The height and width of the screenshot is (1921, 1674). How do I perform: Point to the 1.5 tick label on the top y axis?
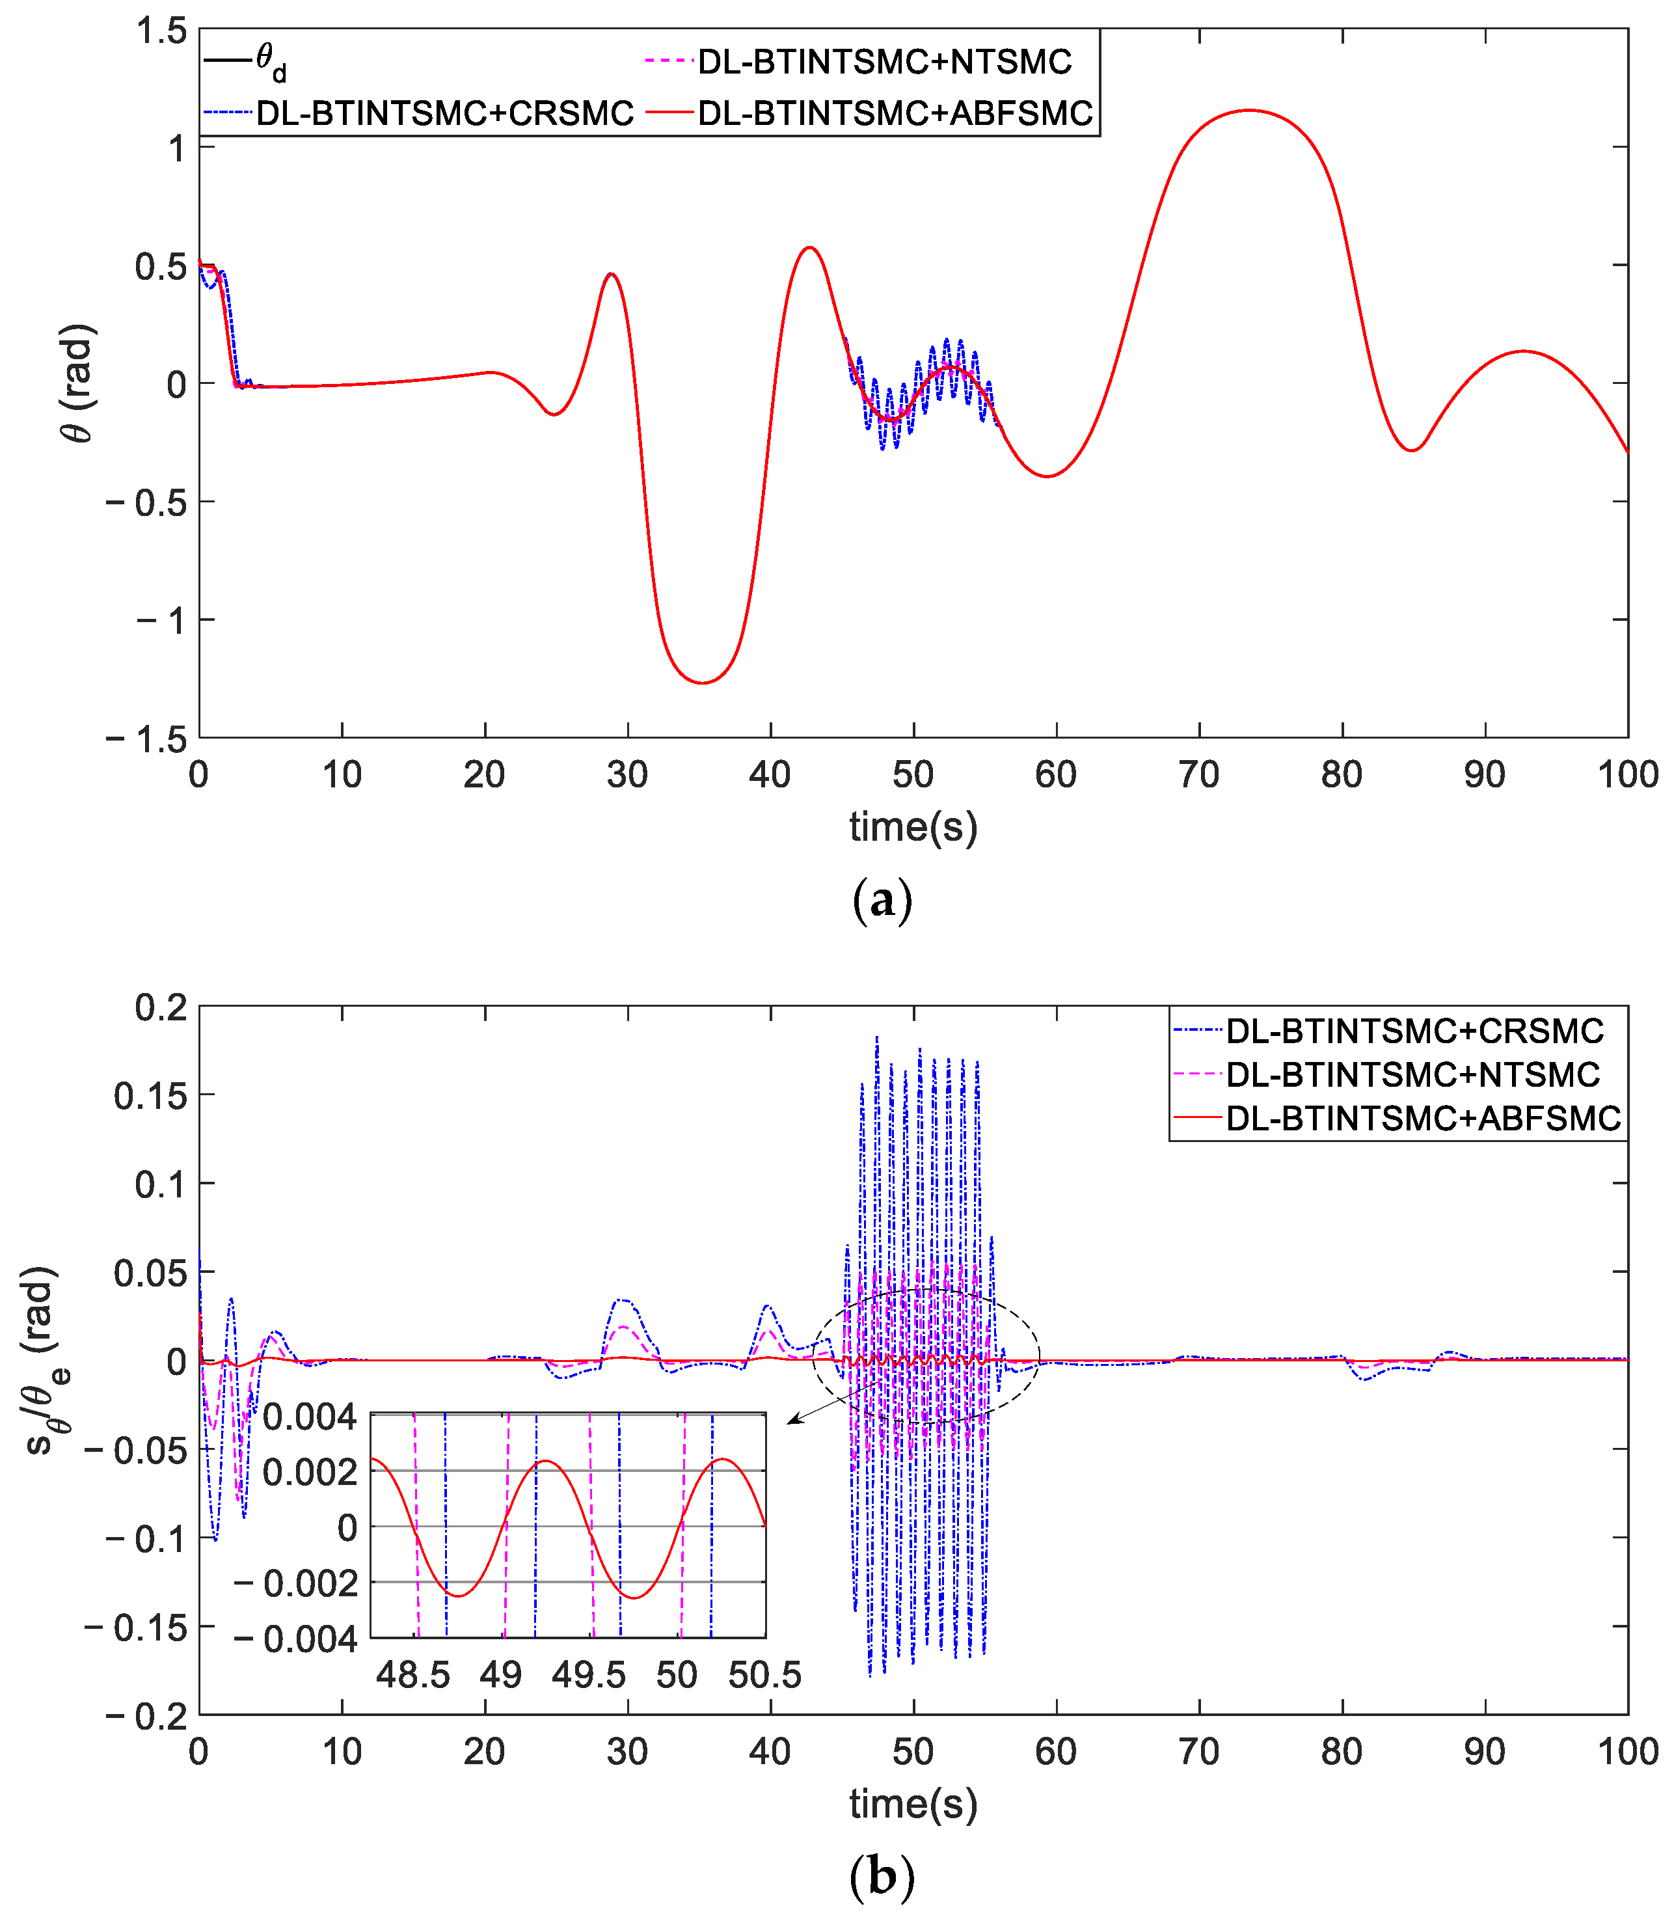[x=161, y=31]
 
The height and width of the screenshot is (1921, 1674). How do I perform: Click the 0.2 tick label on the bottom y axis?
[x=161, y=1008]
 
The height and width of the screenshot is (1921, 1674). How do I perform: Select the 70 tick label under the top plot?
[x=1198, y=774]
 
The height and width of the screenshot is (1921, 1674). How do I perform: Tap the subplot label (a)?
[x=882, y=902]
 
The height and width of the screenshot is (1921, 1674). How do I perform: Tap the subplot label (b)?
[x=882, y=1876]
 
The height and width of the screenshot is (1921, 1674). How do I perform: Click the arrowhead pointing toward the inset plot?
[x=790, y=1422]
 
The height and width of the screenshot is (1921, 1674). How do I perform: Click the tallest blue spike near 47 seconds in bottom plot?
[x=876, y=1037]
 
